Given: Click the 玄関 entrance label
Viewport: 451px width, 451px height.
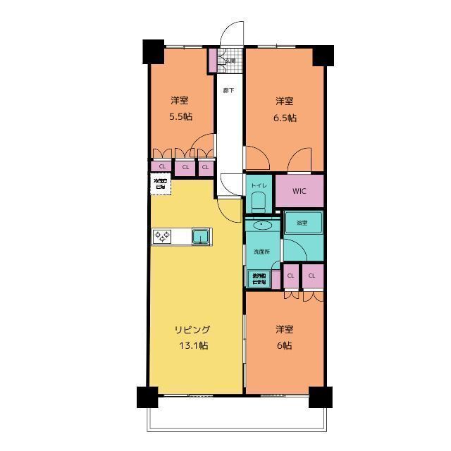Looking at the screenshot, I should (x=230, y=61).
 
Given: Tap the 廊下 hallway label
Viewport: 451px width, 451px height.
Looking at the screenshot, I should (x=228, y=90).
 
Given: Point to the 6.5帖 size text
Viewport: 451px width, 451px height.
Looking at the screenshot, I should (x=285, y=118).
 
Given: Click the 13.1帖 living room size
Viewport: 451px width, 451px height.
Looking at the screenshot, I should (x=192, y=345).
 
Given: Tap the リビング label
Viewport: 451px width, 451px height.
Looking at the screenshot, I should (x=192, y=330).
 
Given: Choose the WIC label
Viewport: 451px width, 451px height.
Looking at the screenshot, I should (x=299, y=190).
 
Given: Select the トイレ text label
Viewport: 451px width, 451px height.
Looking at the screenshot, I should (x=258, y=185).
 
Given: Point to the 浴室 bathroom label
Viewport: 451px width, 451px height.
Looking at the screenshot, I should (x=302, y=223).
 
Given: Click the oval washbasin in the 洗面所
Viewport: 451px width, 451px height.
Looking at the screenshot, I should (x=262, y=225).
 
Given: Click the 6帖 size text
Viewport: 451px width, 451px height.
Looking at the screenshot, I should (x=285, y=345).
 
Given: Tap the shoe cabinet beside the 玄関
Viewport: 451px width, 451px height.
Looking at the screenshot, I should (x=212, y=60).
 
